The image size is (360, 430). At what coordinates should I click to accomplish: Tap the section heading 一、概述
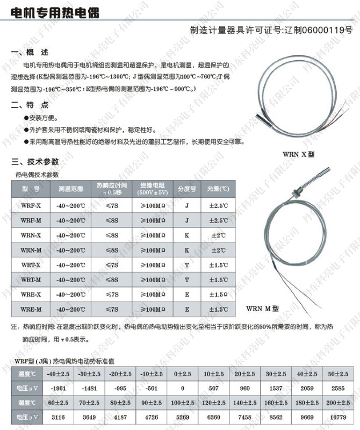tap(30, 52)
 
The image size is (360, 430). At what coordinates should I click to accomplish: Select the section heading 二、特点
tap(30, 105)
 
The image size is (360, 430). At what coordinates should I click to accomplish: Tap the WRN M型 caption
tap(263, 309)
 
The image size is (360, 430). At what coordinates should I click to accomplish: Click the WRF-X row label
tap(31, 205)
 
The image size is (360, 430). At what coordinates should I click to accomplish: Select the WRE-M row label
tap(31, 309)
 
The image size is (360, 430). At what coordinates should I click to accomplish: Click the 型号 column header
tap(31, 189)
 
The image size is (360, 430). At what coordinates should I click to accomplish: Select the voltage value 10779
tap(337, 417)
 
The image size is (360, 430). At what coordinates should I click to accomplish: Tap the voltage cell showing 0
tap(183, 388)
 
